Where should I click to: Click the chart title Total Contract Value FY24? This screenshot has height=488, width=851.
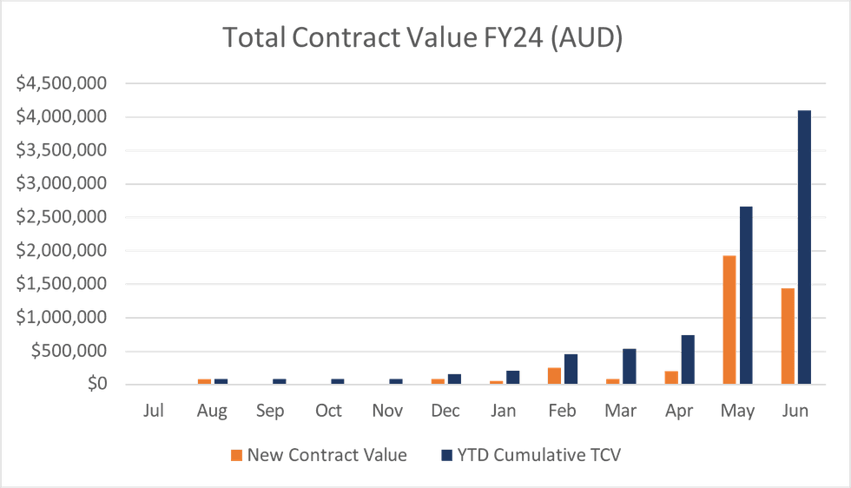point(423,38)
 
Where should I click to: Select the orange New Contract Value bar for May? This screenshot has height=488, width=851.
point(729,319)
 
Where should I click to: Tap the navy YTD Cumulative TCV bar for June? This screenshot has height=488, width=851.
point(804,247)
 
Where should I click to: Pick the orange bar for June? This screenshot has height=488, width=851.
point(787,335)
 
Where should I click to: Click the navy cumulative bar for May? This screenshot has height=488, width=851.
point(746,294)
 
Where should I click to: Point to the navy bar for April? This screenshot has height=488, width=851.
point(688,359)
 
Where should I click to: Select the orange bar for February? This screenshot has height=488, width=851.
point(554,375)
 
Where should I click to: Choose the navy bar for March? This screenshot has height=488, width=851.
point(630,366)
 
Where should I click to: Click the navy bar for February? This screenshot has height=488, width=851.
point(571,368)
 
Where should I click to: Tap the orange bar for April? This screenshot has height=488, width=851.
point(670,377)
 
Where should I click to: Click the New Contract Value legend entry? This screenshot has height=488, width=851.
point(318,455)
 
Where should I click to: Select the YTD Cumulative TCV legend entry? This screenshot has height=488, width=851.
point(531,455)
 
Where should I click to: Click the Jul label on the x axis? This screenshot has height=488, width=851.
point(154,411)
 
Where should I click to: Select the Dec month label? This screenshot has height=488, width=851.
point(445,411)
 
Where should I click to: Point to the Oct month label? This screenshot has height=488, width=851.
point(329,411)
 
